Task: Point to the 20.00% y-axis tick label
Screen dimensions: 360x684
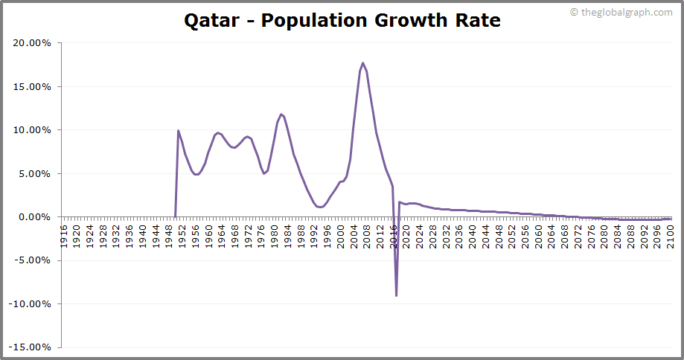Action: click(31, 43)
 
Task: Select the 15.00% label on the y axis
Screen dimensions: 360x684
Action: click(31, 86)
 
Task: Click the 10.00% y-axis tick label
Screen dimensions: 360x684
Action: click(31, 130)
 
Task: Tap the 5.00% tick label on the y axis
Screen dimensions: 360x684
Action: click(34, 173)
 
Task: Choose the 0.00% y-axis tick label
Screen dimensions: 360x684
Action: click(34, 217)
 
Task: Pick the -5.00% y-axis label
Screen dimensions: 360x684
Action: click(33, 260)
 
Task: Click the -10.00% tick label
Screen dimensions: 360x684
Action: click(30, 304)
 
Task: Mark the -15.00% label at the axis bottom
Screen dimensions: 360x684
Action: click(30, 347)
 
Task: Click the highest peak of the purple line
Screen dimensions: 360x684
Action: click(362, 63)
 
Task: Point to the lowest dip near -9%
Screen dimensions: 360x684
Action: click(396, 295)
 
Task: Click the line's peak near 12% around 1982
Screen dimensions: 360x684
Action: click(281, 115)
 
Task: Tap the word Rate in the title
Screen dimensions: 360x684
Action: click(476, 20)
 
